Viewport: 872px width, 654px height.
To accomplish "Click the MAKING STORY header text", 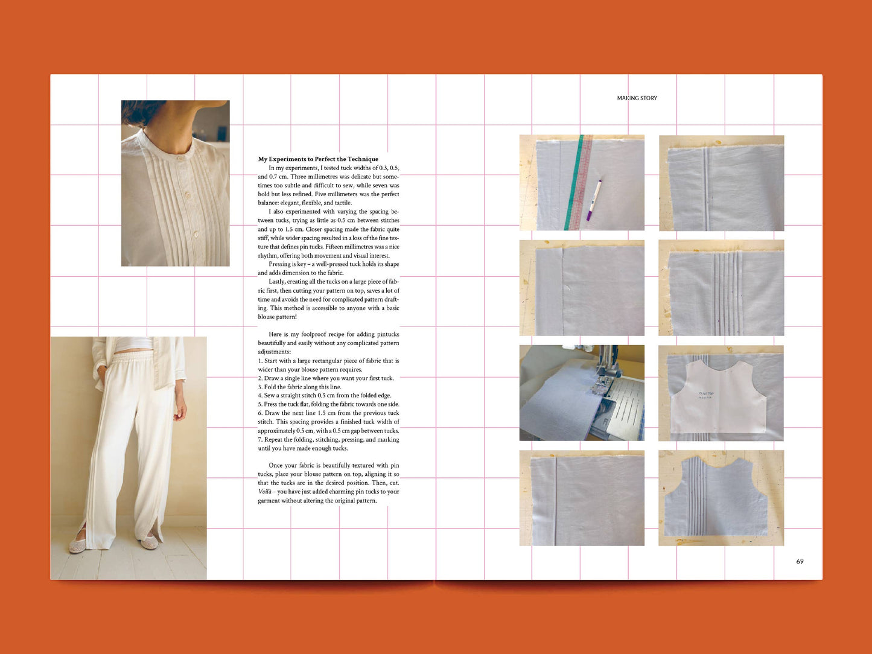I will click(x=637, y=98).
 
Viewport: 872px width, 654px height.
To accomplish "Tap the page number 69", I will click(x=800, y=561).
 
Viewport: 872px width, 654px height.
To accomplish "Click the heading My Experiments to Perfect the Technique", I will click(x=318, y=159).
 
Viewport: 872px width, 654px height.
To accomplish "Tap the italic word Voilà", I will click(x=264, y=492).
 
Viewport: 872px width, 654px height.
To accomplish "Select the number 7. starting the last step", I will click(x=260, y=440).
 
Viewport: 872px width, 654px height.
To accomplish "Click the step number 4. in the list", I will click(x=260, y=396).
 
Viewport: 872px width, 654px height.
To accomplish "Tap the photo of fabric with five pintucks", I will click(x=721, y=288).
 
